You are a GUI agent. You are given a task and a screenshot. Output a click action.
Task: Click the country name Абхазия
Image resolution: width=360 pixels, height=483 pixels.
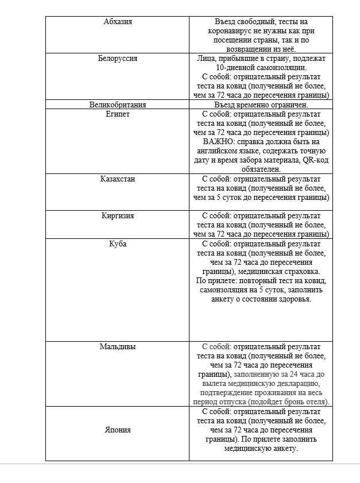[118, 22]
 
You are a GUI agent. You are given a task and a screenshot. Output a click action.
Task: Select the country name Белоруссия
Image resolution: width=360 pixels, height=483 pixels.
[118, 59]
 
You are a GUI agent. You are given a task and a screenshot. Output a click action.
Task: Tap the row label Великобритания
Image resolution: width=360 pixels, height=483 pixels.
[118, 105]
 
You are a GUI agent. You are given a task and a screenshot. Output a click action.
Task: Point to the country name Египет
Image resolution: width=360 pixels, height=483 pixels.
[118, 114]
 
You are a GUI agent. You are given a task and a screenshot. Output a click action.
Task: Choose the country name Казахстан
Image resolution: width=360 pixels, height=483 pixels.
[118, 179]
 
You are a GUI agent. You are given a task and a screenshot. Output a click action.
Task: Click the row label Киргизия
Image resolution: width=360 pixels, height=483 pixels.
[118, 216]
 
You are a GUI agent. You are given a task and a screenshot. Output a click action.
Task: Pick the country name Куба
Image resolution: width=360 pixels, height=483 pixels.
[118, 244]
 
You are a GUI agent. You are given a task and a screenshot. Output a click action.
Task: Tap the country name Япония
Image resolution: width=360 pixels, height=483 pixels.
[118, 430]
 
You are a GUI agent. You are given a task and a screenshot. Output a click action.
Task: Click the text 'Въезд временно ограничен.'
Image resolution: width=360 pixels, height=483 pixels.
[261, 105]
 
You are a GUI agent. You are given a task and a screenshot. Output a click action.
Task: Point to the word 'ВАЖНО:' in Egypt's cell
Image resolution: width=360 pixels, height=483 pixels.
[218, 142]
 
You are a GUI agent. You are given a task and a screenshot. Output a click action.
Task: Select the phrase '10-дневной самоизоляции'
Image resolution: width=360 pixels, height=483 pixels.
[261, 68]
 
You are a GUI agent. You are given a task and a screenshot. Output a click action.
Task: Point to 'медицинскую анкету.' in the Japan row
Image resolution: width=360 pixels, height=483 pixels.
[261, 449]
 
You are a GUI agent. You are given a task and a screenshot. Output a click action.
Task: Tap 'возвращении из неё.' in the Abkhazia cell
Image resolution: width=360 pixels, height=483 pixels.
[261, 49]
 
